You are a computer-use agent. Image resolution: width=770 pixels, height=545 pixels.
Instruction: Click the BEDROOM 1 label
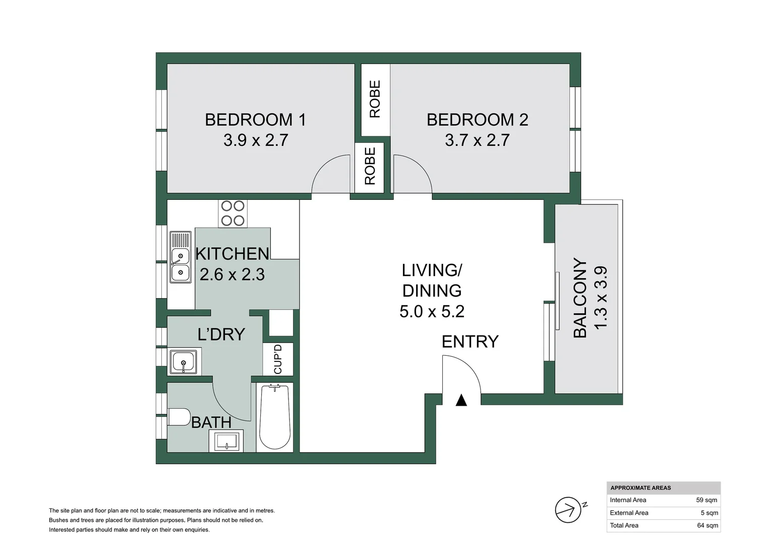click(256, 120)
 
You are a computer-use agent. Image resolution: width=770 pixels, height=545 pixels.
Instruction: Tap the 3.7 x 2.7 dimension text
click(477, 140)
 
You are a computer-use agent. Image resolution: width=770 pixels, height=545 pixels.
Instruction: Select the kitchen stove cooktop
click(233, 213)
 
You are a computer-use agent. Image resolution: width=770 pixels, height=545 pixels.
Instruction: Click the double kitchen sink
click(181, 257)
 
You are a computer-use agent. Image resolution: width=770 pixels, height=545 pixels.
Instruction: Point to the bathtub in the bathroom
click(274, 417)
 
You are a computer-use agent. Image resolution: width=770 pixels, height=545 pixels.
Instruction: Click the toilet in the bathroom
click(180, 417)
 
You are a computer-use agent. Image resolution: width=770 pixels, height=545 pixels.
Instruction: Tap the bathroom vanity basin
click(226, 441)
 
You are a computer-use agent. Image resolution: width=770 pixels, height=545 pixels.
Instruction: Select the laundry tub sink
click(184, 362)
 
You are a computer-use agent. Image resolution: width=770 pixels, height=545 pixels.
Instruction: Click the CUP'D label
click(278, 359)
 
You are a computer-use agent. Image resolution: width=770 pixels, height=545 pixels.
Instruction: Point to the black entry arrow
click(461, 401)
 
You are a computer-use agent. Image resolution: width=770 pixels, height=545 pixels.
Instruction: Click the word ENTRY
click(470, 342)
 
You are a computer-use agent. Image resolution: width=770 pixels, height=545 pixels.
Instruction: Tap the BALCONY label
click(580, 298)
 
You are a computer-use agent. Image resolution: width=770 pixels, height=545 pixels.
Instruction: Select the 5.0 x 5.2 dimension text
click(432, 311)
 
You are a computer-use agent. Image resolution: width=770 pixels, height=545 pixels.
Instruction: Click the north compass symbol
click(569, 510)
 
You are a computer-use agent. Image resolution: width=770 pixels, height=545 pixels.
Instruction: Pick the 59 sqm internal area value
click(707, 500)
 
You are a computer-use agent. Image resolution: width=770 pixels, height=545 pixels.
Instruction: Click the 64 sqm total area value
click(707, 525)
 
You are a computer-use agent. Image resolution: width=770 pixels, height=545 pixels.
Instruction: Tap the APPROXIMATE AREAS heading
click(641, 488)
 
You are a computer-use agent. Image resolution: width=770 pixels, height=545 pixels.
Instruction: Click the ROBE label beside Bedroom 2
click(375, 99)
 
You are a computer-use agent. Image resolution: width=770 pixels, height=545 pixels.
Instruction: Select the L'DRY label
click(221, 334)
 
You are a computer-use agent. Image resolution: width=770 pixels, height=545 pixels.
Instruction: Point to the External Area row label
click(629, 513)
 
